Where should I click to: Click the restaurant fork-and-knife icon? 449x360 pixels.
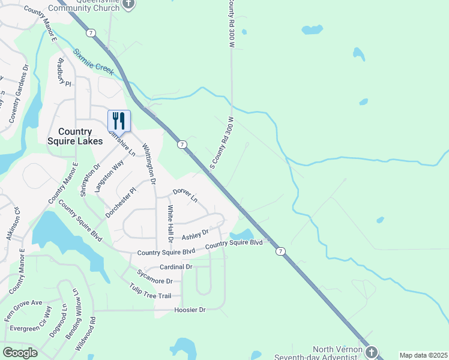(x=119, y=121)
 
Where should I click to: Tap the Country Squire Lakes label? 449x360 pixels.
(x=75, y=136)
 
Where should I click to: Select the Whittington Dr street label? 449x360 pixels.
(x=149, y=164)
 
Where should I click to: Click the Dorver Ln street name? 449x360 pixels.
(x=185, y=194)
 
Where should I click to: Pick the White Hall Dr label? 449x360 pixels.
(x=170, y=223)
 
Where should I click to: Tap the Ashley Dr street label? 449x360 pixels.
(x=195, y=233)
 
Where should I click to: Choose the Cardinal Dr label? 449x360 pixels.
(x=176, y=266)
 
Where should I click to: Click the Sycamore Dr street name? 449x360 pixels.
(x=154, y=280)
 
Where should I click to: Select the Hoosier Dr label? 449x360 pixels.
(x=190, y=310)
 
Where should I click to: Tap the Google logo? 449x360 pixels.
(x=20, y=353)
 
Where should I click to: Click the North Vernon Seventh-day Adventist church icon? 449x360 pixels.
(x=372, y=351)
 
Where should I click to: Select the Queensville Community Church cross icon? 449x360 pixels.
(x=128, y=4)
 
